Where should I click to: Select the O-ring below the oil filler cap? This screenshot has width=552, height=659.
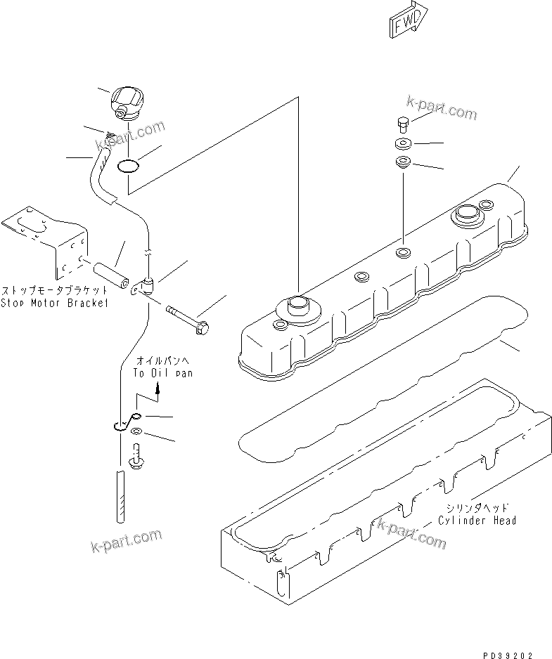pos(128,167)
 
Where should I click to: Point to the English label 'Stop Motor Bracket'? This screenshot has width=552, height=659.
pos(54,303)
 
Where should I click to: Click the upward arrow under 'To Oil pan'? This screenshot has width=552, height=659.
pos(158,389)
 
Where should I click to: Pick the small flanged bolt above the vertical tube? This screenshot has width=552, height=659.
pos(138,457)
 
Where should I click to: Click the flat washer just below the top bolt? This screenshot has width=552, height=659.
pos(403,145)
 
